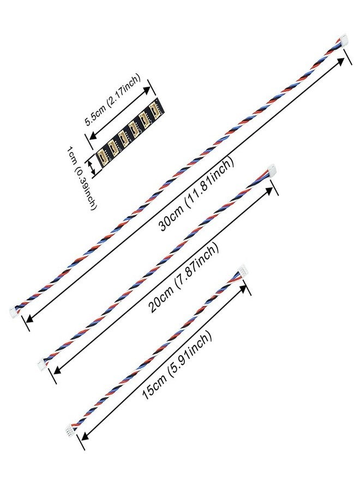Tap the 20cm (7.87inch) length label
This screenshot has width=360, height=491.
point(184,278)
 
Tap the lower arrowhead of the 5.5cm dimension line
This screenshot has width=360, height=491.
point(92,136)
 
